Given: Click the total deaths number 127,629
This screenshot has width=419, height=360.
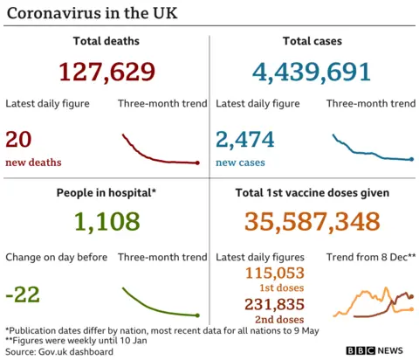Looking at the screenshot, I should point(106,72).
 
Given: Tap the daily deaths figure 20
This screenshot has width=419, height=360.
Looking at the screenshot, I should point(17,140).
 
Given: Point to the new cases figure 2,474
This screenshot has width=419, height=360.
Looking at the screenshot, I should point(245,140).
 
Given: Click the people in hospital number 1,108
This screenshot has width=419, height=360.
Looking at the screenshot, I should point(106,224).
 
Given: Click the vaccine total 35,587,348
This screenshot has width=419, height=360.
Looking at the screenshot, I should point(313,223).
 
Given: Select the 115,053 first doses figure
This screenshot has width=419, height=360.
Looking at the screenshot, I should point(274,274).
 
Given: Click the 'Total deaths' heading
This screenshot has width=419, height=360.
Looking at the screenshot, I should point(106,41).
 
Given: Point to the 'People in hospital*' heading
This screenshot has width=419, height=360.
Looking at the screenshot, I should point(106,192).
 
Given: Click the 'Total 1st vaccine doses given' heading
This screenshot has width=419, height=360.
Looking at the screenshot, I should point(312,192).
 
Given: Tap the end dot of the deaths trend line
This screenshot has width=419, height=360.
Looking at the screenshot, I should point(199,163).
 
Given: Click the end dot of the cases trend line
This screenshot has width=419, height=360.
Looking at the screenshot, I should point(411,159).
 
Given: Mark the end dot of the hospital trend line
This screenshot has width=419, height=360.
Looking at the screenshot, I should point(199,315).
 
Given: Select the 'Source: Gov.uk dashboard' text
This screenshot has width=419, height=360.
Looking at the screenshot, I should point(59,351).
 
